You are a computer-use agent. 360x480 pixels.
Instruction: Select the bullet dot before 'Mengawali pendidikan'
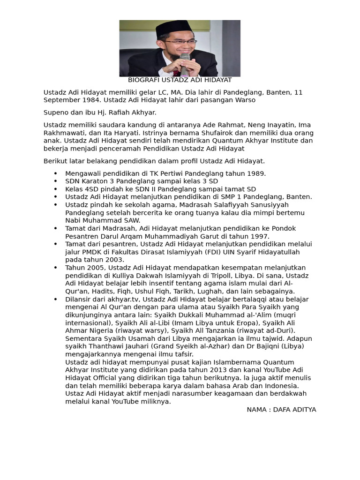pyautogui.click(x=55, y=174)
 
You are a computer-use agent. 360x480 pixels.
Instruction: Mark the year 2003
pyautogui.click(x=115, y=260)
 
